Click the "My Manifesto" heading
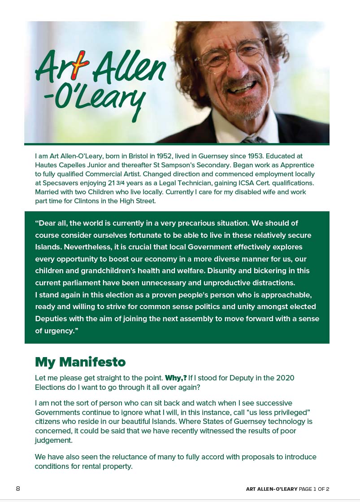pyautogui.click(x=80, y=362)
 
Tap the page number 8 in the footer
pyautogui.click(x=18, y=489)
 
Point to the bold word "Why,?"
pyautogui.click(x=176, y=378)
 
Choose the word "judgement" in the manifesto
pyautogui.click(x=53, y=440)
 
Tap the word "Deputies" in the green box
pyautogui.click(x=52, y=319)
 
